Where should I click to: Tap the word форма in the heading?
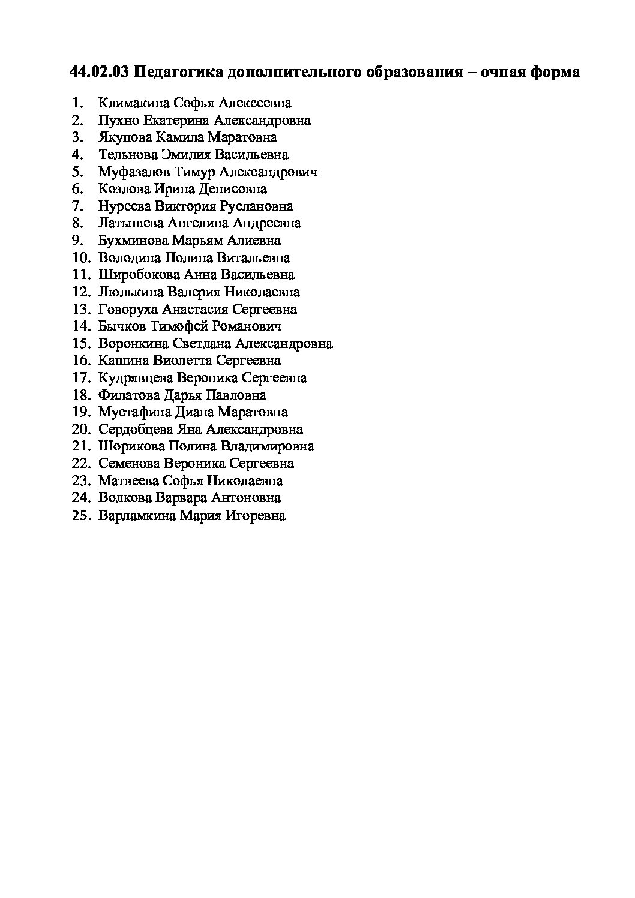(x=554, y=73)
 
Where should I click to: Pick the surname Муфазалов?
(x=134, y=172)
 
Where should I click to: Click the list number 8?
(x=76, y=223)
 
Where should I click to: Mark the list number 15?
(x=80, y=344)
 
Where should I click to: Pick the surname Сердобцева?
(x=136, y=430)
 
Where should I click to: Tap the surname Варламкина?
(x=137, y=515)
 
